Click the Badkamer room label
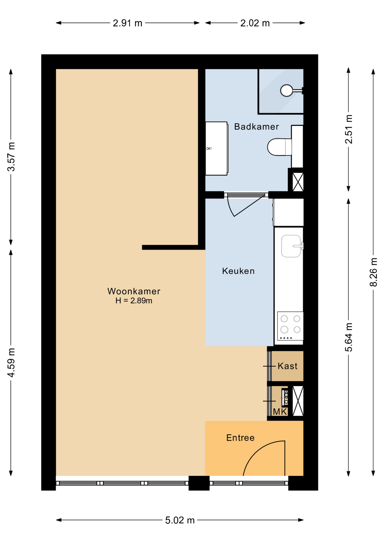pyautogui.click(x=256, y=126)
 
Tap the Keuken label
pyautogui.click(x=238, y=271)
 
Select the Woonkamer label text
pyautogui.click(x=134, y=291)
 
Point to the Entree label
pyautogui.click(x=240, y=438)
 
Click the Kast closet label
pyautogui.click(x=288, y=366)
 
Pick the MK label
pyautogui.click(x=280, y=412)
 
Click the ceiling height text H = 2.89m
pyautogui.click(x=134, y=301)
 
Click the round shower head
pyautogui.click(x=287, y=90)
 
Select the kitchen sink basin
pyautogui.click(x=291, y=246)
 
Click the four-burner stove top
pyautogui.click(x=290, y=326)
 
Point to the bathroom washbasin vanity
pyautogui.click(x=217, y=148)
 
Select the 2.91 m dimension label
pyautogui.click(x=128, y=23)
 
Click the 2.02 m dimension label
pyautogui.click(x=255, y=23)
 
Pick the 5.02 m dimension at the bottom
pyautogui.click(x=180, y=520)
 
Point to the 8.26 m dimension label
pyautogui.click(x=374, y=272)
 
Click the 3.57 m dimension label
pyautogui.click(x=11, y=157)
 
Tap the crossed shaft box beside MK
pyautogui.click(x=298, y=401)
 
